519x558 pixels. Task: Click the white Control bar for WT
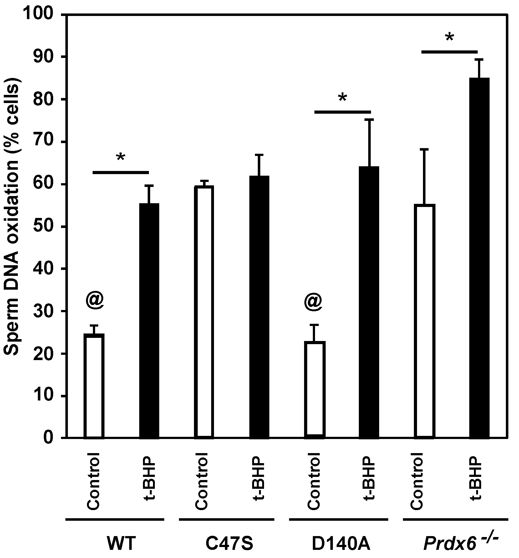pyautogui.click(x=94, y=386)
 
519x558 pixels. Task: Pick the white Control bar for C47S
pyautogui.click(x=204, y=312)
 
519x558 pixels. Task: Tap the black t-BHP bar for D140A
pyautogui.click(x=369, y=302)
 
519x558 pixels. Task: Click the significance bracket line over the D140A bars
pyautogui.click(x=342, y=112)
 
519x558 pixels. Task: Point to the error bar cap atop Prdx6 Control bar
pyautogui.click(x=424, y=150)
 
